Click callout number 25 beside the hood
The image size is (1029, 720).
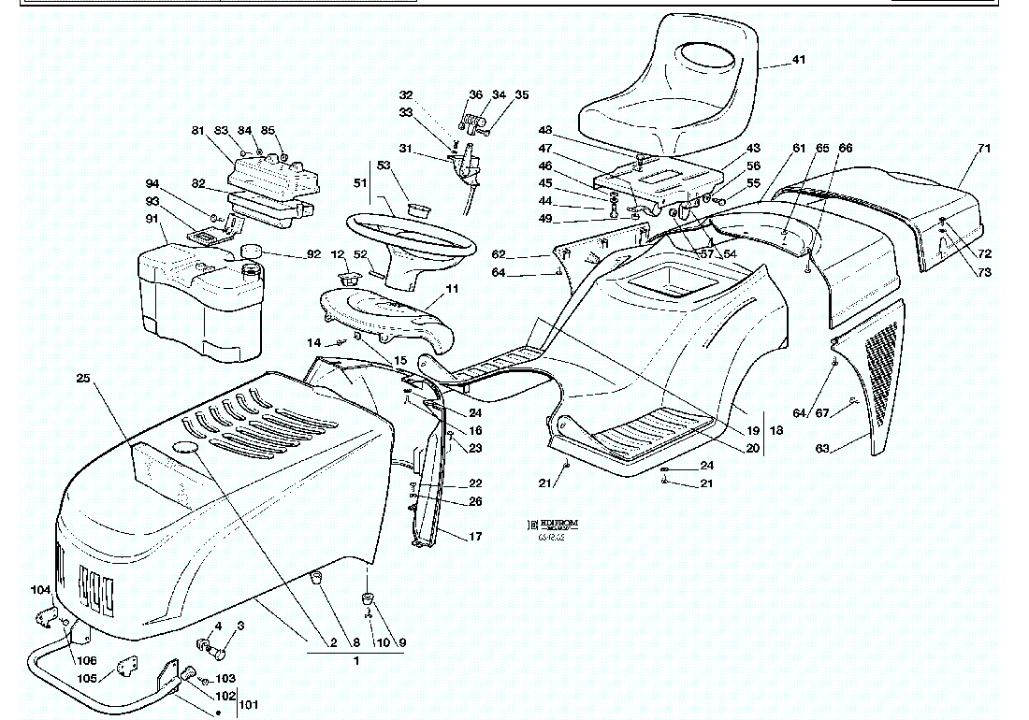click(x=83, y=378)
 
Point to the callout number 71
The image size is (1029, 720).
click(x=984, y=148)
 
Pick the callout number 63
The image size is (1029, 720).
click(x=822, y=449)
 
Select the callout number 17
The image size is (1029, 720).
click(x=475, y=537)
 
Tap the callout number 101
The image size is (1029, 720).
click(x=249, y=704)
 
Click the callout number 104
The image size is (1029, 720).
click(x=39, y=590)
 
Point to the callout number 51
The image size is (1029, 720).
click(x=358, y=183)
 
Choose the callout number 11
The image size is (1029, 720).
click(x=452, y=289)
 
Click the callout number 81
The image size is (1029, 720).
click(x=197, y=130)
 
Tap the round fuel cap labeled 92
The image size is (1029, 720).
click(x=252, y=250)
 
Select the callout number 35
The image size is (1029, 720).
click(x=521, y=94)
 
